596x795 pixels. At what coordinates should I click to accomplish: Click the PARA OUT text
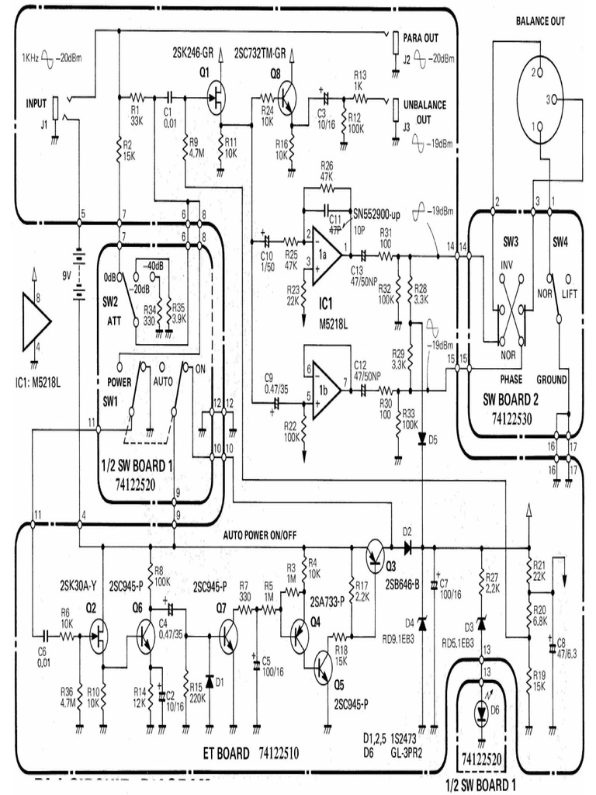point(421,37)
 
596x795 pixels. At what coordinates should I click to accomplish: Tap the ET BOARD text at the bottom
point(227,753)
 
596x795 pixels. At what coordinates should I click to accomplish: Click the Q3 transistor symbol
point(377,553)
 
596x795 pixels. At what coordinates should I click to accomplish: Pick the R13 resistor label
point(360,75)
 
